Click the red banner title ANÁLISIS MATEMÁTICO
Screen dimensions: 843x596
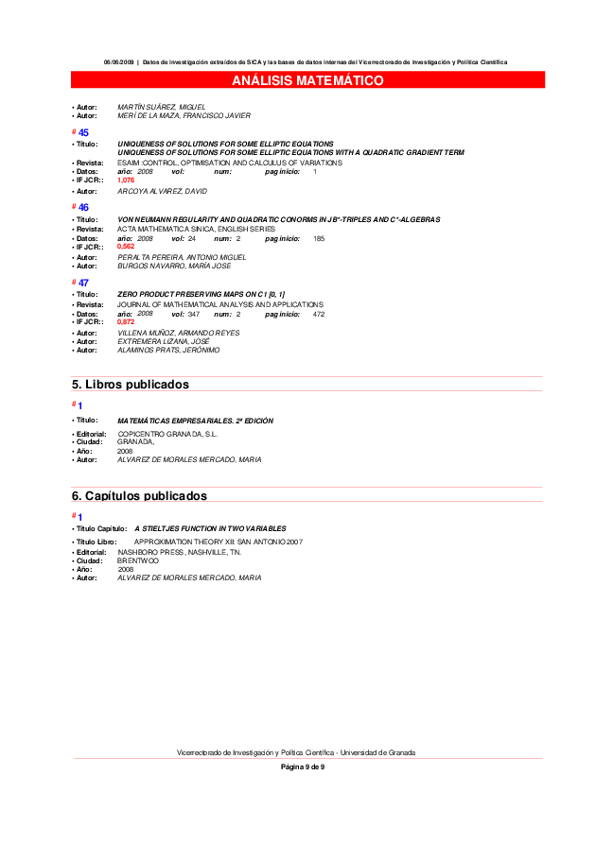307,80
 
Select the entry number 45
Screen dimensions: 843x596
83,133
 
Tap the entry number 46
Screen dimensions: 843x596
83,207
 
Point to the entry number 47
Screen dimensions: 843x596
83,283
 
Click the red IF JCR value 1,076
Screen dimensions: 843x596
126,180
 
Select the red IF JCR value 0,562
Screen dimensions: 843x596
126,247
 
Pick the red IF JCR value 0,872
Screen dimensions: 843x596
126,322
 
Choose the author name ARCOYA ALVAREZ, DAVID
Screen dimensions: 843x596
162,191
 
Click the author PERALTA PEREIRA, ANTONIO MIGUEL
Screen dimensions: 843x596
182,257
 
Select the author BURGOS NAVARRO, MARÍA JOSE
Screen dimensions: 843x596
174,266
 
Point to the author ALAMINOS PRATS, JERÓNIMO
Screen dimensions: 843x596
168,350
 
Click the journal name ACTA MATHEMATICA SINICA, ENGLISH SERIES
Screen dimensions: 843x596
196,229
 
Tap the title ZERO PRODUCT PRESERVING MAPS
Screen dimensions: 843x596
201,295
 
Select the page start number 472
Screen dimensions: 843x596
319,314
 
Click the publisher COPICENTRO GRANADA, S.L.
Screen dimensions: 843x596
167,434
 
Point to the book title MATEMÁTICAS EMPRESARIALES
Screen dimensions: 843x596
195,421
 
